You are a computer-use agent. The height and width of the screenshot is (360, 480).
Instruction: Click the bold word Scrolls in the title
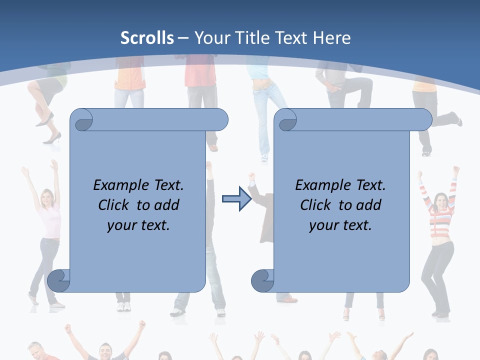tap(147, 37)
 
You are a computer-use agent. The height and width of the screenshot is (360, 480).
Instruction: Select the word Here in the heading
tap(332, 37)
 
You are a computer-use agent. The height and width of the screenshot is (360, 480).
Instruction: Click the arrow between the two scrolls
tap(236, 199)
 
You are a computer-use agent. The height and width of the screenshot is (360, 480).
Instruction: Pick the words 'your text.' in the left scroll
tap(138, 225)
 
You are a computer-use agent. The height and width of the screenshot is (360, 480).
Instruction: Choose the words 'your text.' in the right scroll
tap(340, 225)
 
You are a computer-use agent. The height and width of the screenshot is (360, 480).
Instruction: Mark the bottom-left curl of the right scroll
tap(263, 281)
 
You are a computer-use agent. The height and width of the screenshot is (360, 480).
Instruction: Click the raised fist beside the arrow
tap(252, 176)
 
